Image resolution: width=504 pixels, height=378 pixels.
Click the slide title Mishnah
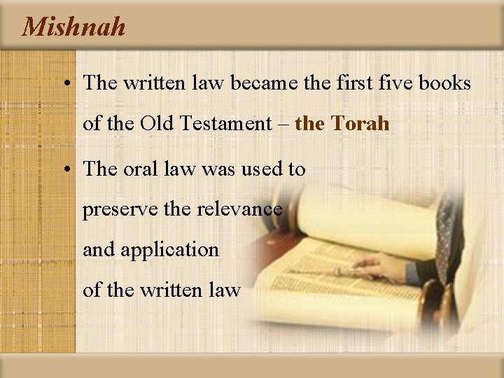pyautogui.click(x=74, y=27)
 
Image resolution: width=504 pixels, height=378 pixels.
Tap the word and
pyautogui.click(x=99, y=249)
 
